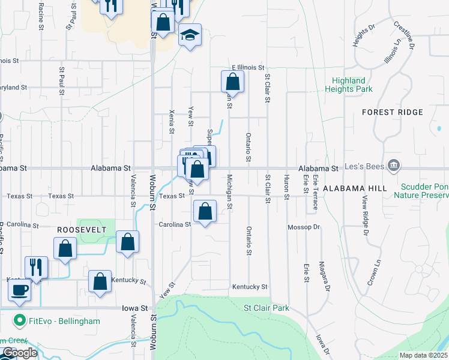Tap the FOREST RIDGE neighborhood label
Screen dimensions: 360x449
coord(393,112)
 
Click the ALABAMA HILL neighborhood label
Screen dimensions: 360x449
coord(354,188)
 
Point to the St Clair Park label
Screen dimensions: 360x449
coord(266,308)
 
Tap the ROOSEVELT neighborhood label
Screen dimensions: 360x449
coord(82,230)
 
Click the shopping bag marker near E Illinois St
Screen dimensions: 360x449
coord(232,82)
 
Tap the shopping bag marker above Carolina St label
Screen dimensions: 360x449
coord(205,212)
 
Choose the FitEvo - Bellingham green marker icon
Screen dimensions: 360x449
coord(20,321)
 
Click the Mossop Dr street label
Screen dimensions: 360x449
coord(304,227)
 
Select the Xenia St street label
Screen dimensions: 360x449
coord(172,122)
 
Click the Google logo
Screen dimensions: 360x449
coord(20,353)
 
